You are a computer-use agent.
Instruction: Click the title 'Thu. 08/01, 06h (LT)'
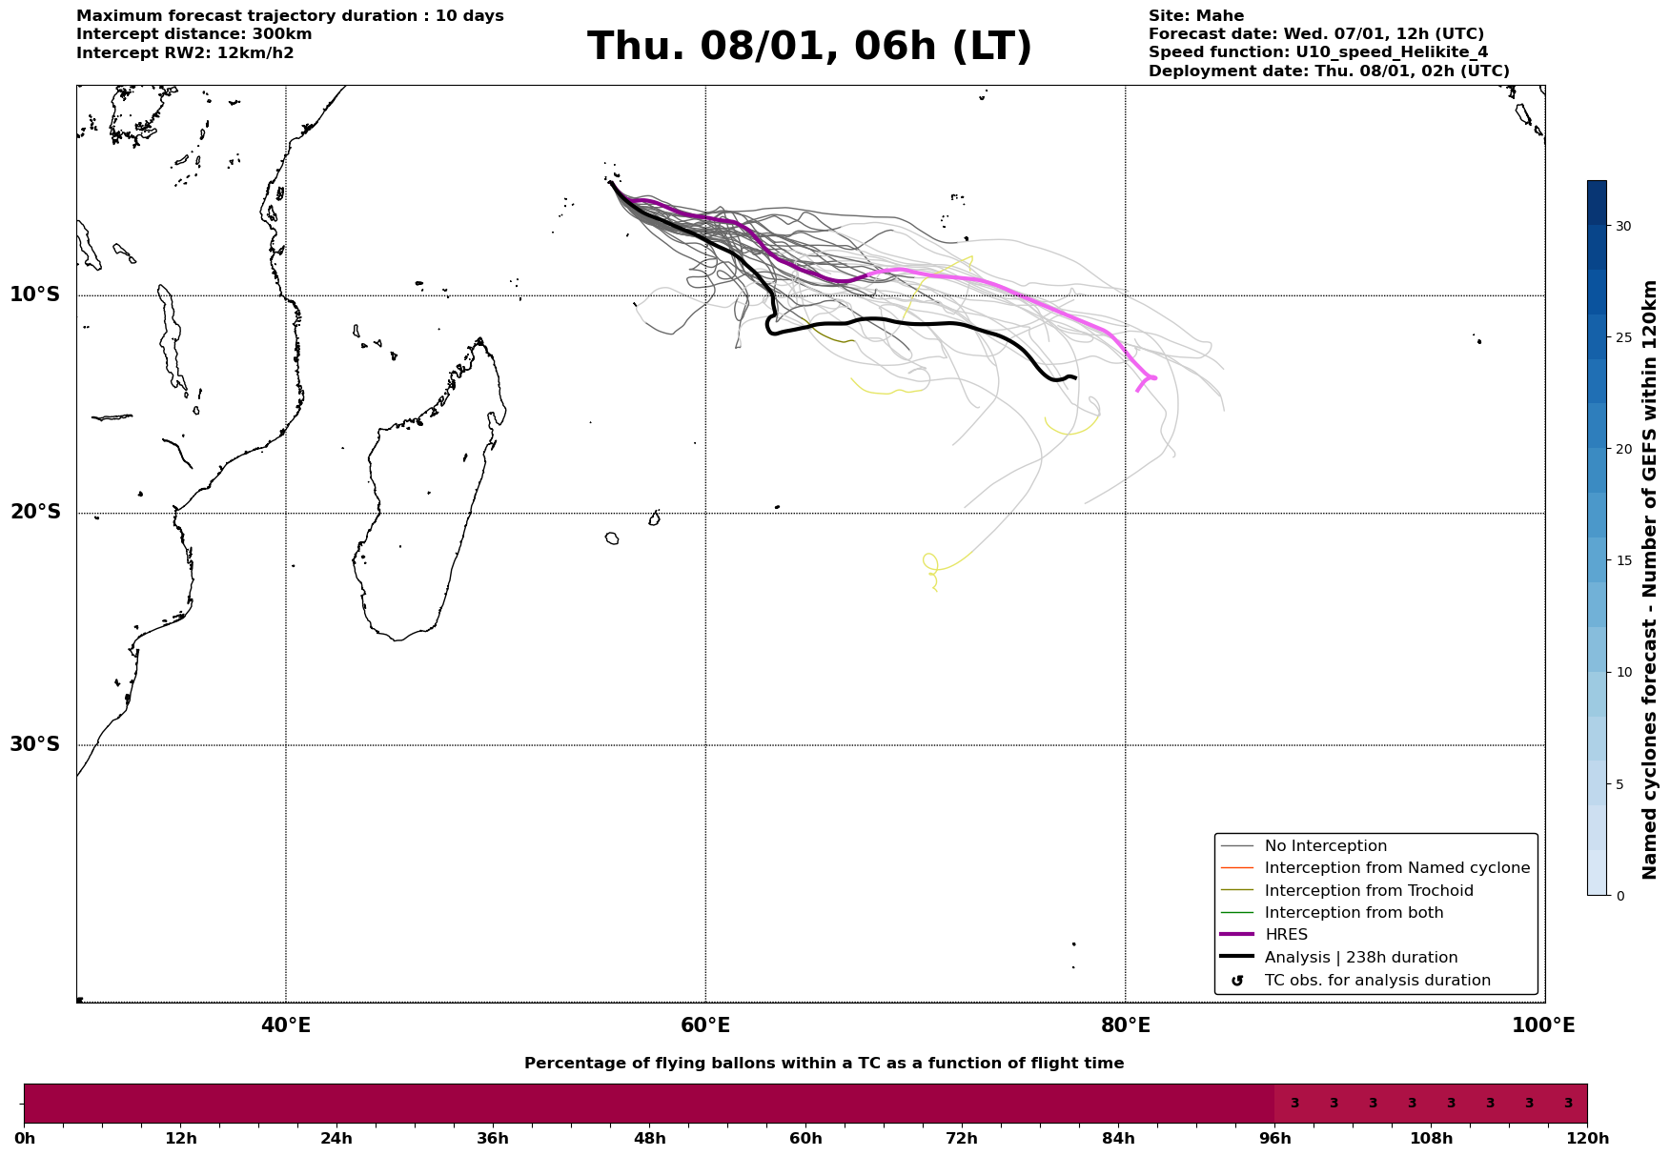coord(809,47)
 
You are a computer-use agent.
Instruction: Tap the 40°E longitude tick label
coord(286,1026)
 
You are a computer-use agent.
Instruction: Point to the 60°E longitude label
coord(705,1026)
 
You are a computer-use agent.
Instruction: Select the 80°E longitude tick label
coord(1126,1026)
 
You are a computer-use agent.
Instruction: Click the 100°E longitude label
coord(1544,1026)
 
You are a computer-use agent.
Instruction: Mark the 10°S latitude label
coord(35,294)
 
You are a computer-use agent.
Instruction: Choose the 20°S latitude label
coord(35,513)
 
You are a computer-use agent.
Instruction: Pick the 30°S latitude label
coord(35,744)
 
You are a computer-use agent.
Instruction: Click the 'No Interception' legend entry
coord(1325,846)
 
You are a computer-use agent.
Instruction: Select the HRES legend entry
coord(1286,935)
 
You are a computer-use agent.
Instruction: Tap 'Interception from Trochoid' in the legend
coord(1368,891)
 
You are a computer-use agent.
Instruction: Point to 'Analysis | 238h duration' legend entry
coord(1360,958)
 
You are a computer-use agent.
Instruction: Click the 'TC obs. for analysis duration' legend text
coord(1376,981)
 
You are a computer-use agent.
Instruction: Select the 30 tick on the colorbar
coord(1622,226)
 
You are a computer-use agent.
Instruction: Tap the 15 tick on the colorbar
coord(1622,560)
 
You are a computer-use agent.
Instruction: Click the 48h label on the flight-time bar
coord(650,1139)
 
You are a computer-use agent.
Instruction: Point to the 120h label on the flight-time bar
coord(1587,1139)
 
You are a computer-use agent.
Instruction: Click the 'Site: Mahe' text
coord(1195,16)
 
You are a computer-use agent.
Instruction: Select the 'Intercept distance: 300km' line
coord(193,34)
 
